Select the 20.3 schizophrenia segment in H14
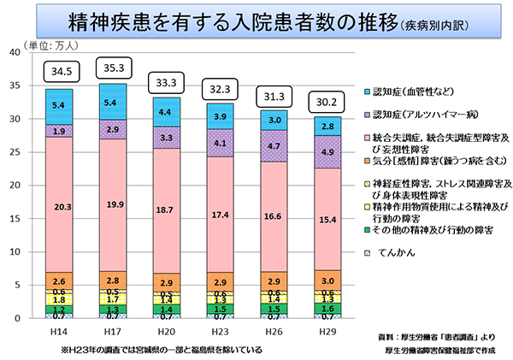(x=59, y=206)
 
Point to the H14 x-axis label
(x=59, y=330)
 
